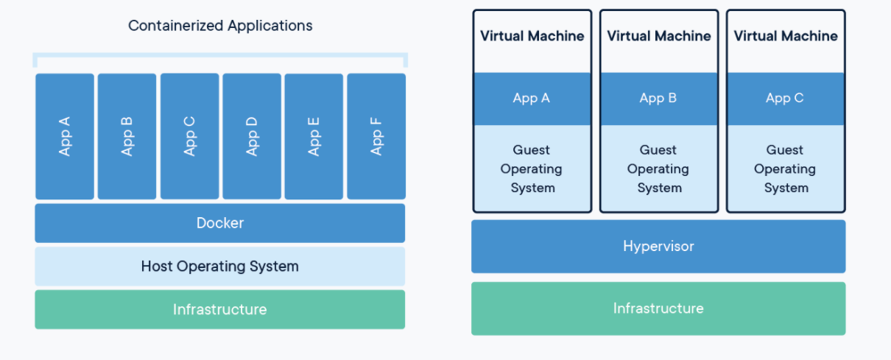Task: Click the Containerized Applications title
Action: click(x=220, y=26)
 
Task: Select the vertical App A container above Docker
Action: click(x=65, y=136)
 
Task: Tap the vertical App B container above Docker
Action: click(x=127, y=136)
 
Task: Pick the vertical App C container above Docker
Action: click(x=189, y=136)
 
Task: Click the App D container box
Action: click(x=252, y=136)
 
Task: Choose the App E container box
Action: click(x=314, y=136)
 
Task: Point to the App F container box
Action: click(x=376, y=136)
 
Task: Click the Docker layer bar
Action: click(x=219, y=223)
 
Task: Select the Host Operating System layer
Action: click(x=219, y=266)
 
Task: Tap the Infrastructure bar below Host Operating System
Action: click(x=219, y=309)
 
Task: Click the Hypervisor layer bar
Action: click(x=658, y=246)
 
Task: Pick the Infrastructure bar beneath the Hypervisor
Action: click(x=658, y=308)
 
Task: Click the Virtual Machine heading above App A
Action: click(x=532, y=36)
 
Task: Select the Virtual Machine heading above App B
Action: click(x=658, y=36)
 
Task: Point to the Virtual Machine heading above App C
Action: click(x=786, y=36)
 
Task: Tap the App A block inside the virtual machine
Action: click(x=532, y=99)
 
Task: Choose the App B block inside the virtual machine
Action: click(x=658, y=99)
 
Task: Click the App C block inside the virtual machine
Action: click(x=786, y=99)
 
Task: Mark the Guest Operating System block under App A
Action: click(x=532, y=169)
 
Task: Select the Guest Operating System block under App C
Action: click(x=786, y=169)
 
